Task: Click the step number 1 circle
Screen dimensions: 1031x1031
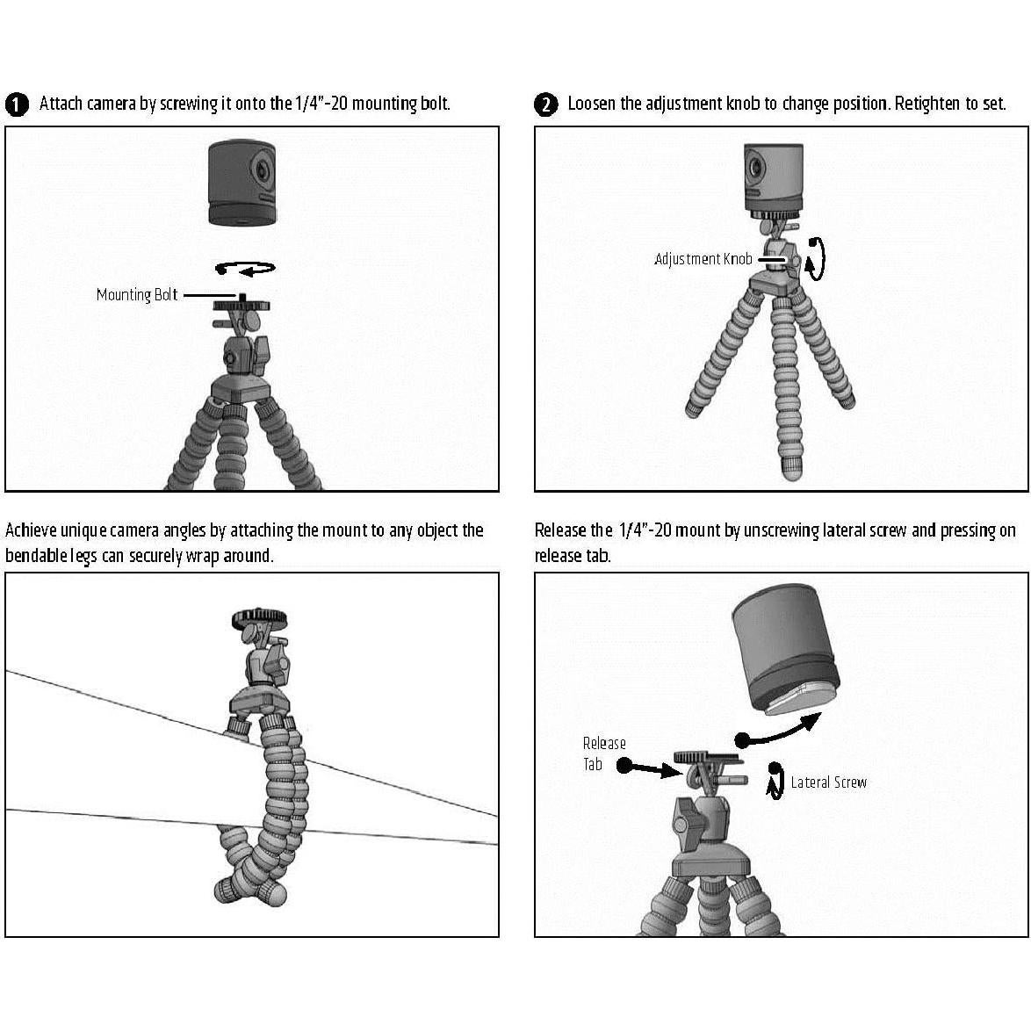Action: tap(16, 105)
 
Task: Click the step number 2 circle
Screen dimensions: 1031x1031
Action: tap(545, 105)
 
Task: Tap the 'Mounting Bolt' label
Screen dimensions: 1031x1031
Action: tap(137, 295)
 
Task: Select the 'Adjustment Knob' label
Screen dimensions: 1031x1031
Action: tap(703, 259)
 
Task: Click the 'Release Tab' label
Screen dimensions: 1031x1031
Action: tap(604, 753)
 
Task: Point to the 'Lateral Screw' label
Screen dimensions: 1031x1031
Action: tap(828, 782)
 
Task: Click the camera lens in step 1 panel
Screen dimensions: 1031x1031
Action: tap(262, 169)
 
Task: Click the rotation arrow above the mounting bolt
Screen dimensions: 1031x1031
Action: tap(246, 269)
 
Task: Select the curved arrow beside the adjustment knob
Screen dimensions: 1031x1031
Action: tap(818, 259)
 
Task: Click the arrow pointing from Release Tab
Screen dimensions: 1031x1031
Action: tap(650, 768)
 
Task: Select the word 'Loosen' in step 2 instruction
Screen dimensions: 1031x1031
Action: tap(593, 104)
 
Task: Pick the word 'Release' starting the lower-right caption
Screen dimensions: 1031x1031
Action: tap(560, 530)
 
